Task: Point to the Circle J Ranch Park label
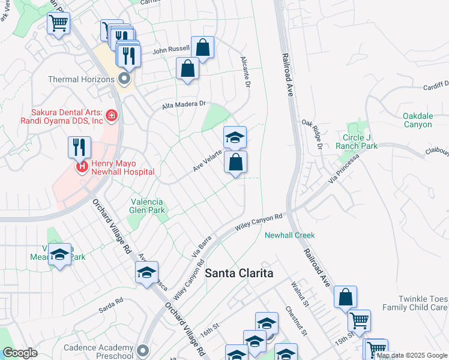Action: tap(360, 142)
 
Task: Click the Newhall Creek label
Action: tap(290, 235)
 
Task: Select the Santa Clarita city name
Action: tap(240, 273)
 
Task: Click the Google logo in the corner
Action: tap(20, 353)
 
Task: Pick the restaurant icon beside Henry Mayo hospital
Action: tap(79, 146)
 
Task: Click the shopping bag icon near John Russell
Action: tap(203, 47)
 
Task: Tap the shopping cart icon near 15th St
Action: tap(359, 320)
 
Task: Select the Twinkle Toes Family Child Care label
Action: tap(423, 303)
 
